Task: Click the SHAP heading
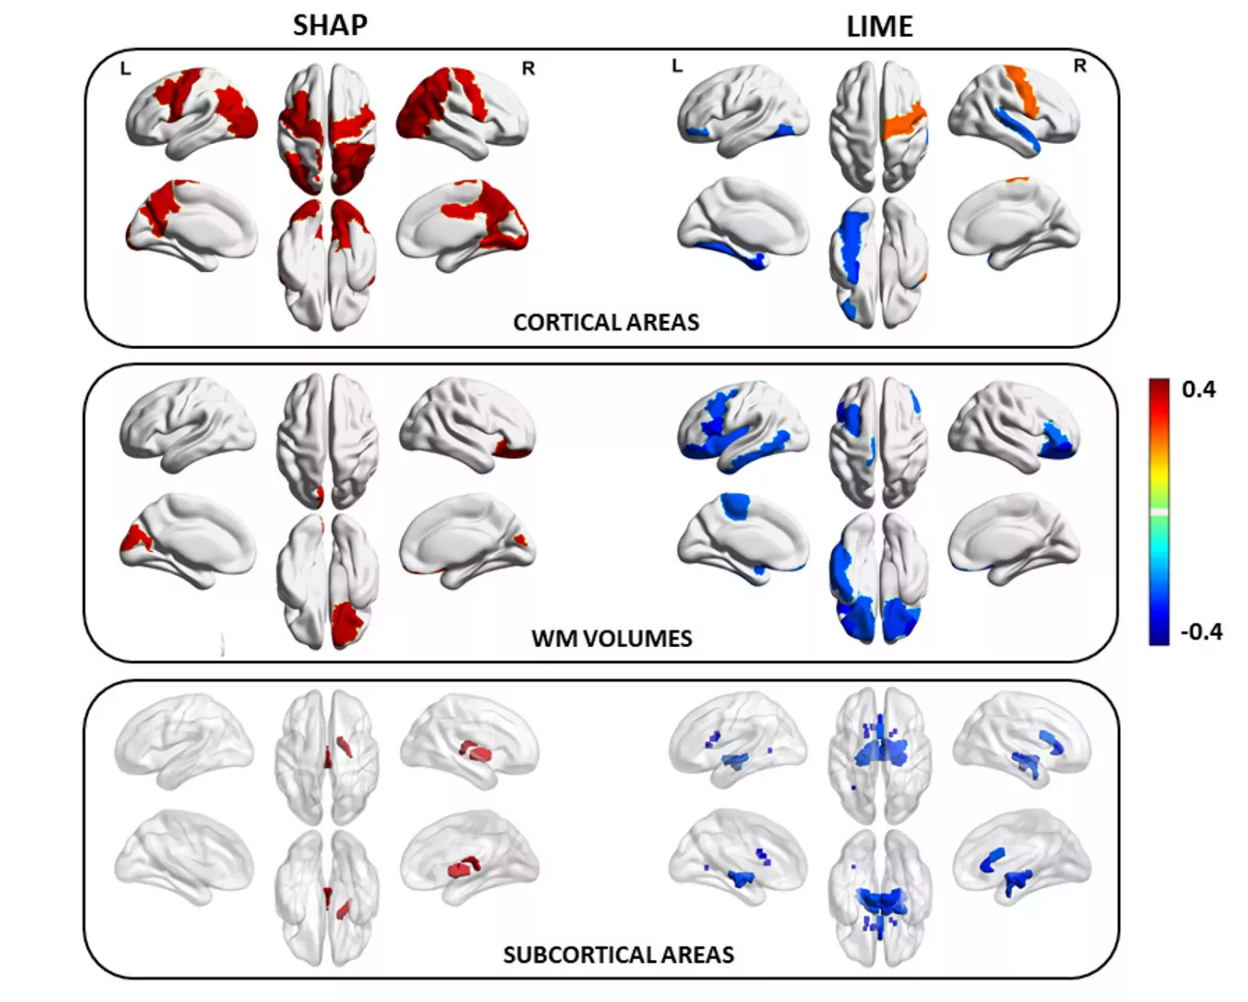pos(330,26)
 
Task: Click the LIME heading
pos(880,26)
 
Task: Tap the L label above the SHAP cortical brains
pos(126,69)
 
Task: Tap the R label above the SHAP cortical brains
pos(528,69)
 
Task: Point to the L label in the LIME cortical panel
pos(677,66)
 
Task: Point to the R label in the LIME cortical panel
pos(1080,66)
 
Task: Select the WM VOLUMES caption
pos(612,638)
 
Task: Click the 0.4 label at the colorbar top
pos(1198,389)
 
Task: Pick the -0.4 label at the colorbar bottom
pos(1202,631)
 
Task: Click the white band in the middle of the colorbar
pos(1159,512)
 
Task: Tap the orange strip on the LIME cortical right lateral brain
pos(1023,92)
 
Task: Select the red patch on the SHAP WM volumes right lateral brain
pos(513,449)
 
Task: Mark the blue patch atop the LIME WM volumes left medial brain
pos(735,505)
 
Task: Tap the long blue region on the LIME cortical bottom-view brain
pos(851,246)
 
